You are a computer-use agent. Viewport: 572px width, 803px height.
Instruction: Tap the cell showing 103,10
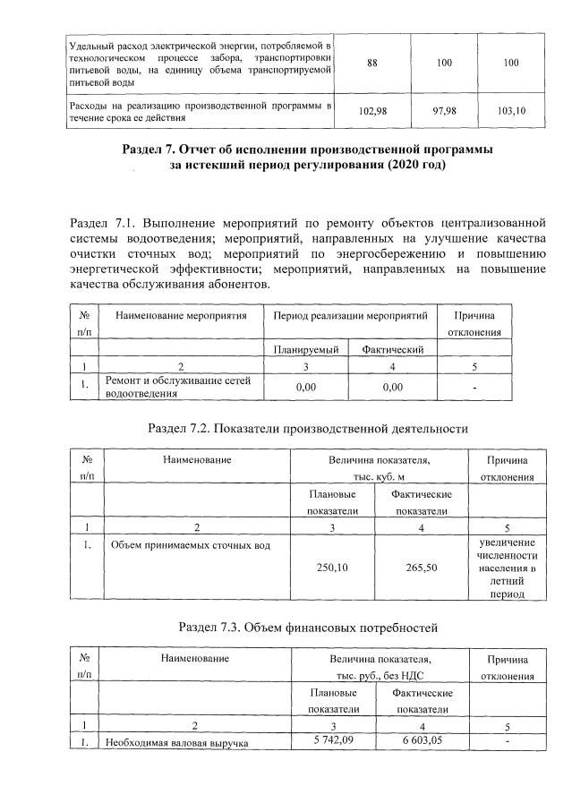point(513,111)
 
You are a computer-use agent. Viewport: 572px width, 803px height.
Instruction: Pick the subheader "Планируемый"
point(303,350)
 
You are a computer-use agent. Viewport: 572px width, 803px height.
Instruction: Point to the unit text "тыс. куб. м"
point(376,476)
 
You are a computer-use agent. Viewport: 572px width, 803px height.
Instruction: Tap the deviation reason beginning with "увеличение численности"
point(507,568)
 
